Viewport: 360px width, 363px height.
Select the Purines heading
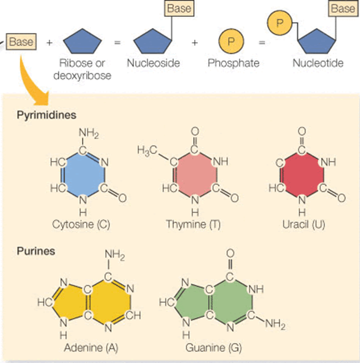[35, 250]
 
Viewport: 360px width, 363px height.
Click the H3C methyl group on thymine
[147, 150]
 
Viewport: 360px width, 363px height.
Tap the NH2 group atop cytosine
[88, 132]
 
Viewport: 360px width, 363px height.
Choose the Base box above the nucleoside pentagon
[178, 9]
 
